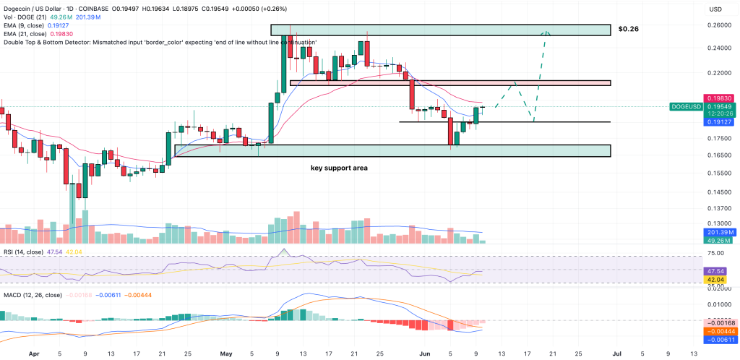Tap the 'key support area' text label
click(335, 168)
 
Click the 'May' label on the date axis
click(227, 355)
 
